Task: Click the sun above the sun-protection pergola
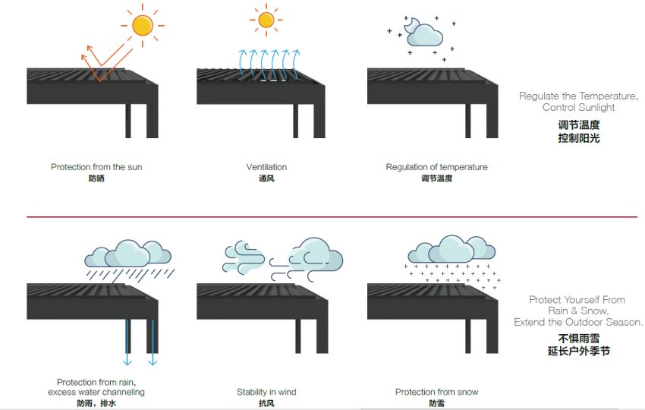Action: point(143,26)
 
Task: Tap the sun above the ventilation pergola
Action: point(266,20)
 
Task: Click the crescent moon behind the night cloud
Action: point(410,25)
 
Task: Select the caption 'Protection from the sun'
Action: point(96,167)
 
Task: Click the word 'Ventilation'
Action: point(266,167)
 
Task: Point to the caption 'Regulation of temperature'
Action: point(436,167)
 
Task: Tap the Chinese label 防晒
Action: point(96,178)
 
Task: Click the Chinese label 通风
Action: point(266,178)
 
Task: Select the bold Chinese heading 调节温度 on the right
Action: point(579,125)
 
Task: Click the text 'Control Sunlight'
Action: point(578,108)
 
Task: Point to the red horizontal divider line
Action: point(332,216)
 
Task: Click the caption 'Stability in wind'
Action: point(266,392)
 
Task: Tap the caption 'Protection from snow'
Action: point(436,392)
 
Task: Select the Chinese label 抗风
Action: point(266,403)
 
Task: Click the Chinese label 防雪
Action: point(436,403)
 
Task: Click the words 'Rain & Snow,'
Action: point(578,311)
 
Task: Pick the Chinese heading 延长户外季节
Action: point(578,351)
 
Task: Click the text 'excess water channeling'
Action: point(96,392)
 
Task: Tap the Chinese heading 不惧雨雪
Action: point(579,339)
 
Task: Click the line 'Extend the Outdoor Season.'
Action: point(578,322)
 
